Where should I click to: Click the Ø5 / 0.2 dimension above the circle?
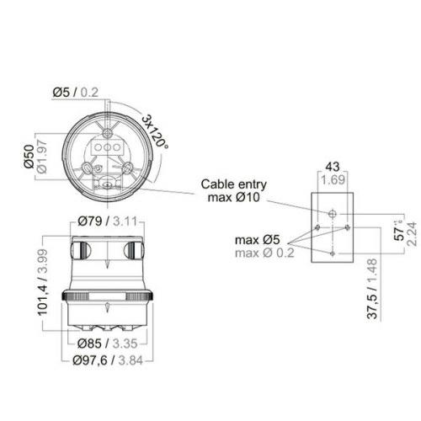[x=77, y=91]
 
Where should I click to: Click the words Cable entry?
[x=232, y=184]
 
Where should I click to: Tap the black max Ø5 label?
[x=258, y=240]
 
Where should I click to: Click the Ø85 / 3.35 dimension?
[x=109, y=344]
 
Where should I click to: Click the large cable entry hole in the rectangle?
[x=332, y=212]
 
